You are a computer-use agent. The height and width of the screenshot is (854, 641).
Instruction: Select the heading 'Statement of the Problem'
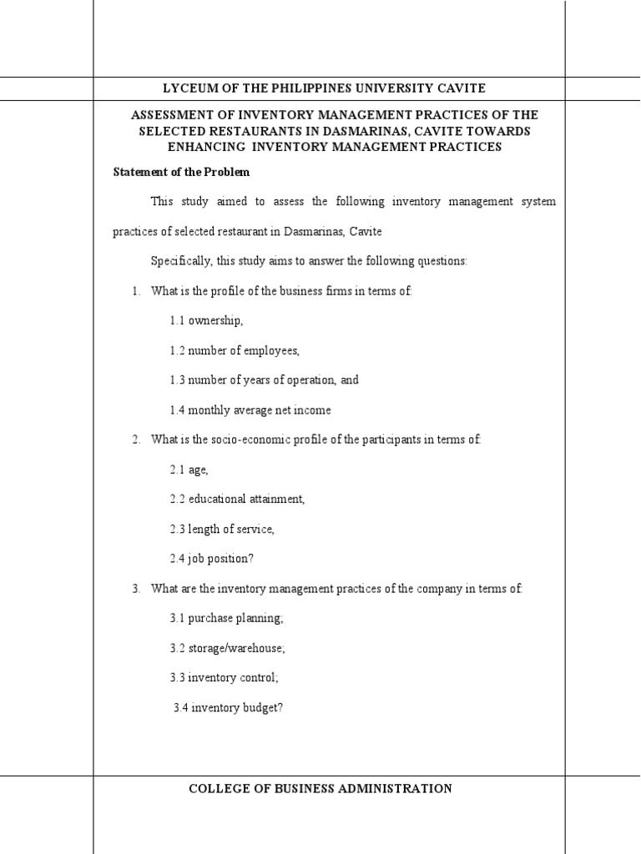coord(181,173)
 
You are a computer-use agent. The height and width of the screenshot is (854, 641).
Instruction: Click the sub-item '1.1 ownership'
coord(207,320)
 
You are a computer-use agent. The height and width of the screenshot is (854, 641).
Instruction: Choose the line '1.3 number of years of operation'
coord(265,379)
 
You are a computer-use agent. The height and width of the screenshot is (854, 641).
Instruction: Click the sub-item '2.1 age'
coord(189,470)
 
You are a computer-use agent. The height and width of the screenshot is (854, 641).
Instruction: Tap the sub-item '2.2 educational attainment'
coord(238,499)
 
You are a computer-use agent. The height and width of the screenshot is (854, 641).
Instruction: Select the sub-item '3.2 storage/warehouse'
coord(227,648)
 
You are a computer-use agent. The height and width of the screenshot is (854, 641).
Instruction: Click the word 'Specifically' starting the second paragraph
coord(180,261)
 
